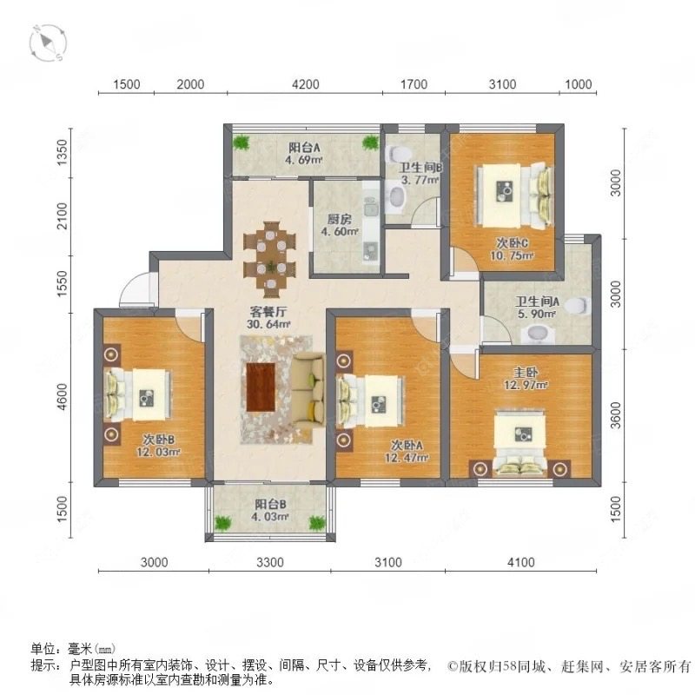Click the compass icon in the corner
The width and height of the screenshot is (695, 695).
pyautogui.click(x=48, y=43)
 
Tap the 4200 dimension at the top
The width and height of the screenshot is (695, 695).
pyautogui.click(x=305, y=84)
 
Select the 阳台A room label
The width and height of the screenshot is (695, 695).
pyautogui.click(x=304, y=147)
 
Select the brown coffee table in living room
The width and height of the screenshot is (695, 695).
pyautogui.click(x=261, y=387)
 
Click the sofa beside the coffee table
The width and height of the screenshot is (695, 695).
pyautogui.click(x=305, y=387)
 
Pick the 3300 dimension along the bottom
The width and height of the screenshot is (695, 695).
pyautogui.click(x=270, y=563)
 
